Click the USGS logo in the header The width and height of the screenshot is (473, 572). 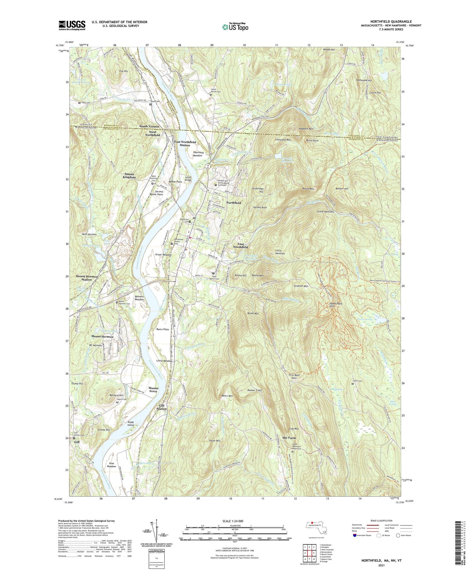[x=72, y=25]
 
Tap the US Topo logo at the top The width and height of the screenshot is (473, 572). [x=235, y=27]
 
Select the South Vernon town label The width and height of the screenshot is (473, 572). [x=149, y=126]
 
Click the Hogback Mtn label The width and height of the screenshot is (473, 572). [x=306, y=129]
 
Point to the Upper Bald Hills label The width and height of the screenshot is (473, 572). [x=336, y=305]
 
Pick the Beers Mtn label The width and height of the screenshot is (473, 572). [x=227, y=396]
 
